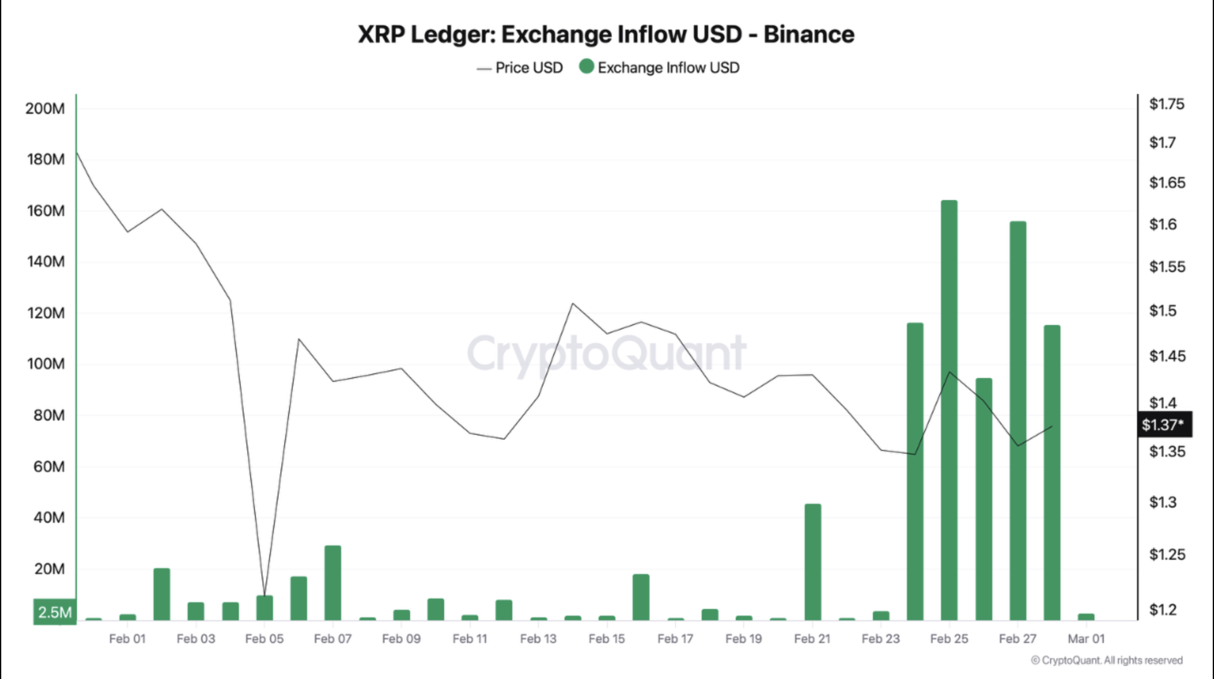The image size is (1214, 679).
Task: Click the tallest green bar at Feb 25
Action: [949, 410]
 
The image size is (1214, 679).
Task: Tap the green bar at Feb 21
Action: [813, 562]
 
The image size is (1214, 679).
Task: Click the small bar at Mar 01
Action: [1086, 617]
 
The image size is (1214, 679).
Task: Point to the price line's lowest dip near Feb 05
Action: [264, 594]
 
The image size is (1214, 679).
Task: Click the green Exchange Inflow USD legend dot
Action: [587, 66]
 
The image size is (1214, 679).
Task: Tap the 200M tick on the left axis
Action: [45, 109]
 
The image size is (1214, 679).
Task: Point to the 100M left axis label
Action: [45, 364]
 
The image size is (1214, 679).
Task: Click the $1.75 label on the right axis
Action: [1166, 104]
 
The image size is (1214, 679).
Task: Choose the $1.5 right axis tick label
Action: [1162, 310]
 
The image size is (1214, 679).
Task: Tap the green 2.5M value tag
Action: [55, 612]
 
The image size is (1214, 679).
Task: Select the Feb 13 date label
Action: [538, 639]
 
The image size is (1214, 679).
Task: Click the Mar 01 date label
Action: [1086, 639]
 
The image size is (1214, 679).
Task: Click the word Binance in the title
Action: [809, 34]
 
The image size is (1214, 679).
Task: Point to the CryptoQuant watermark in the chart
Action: [606, 353]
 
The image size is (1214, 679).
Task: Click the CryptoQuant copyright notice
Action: [1107, 660]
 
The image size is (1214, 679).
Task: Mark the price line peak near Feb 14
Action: [573, 304]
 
